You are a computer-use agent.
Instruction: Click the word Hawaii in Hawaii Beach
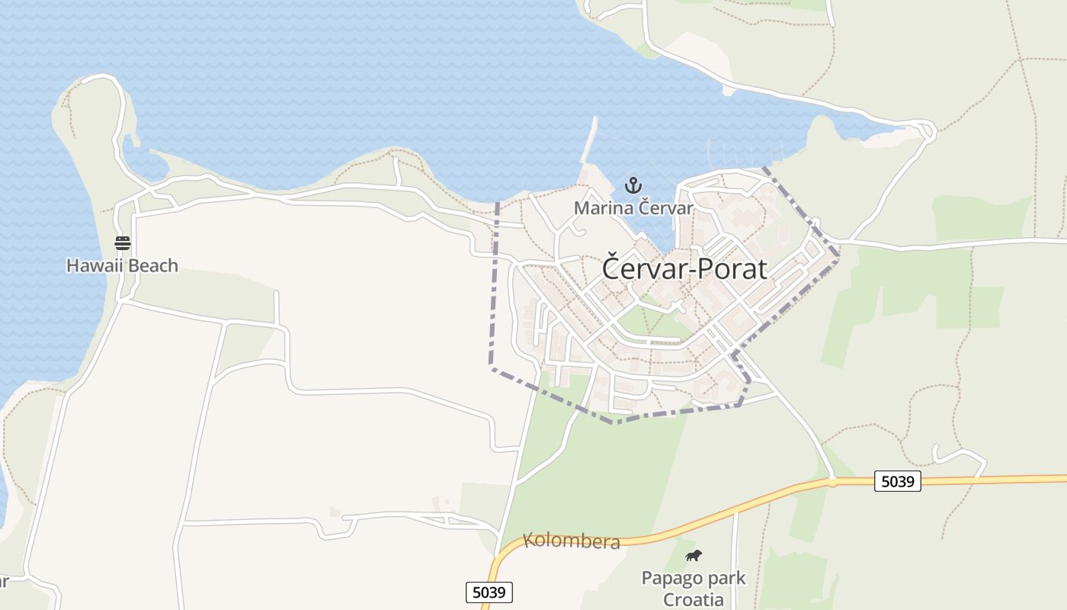tap(93, 266)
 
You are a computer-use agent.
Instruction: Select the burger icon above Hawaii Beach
tap(123, 243)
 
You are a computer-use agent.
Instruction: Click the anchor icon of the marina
tap(633, 185)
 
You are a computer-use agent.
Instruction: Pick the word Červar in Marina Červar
tap(666, 208)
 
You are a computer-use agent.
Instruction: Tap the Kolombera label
tap(572, 542)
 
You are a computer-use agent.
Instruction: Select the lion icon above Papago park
tap(693, 555)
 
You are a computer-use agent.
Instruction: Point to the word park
tap(728, 577)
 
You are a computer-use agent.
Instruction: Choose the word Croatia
tap(693, 599)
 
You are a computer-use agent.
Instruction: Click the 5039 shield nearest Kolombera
tap(489, 592)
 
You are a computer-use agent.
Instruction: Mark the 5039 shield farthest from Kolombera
tap(897, 481)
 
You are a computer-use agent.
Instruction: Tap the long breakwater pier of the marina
tap(588, 141)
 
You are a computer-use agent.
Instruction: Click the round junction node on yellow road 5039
tap(833, 481)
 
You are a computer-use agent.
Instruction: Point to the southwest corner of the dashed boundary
tap(492, 368)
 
